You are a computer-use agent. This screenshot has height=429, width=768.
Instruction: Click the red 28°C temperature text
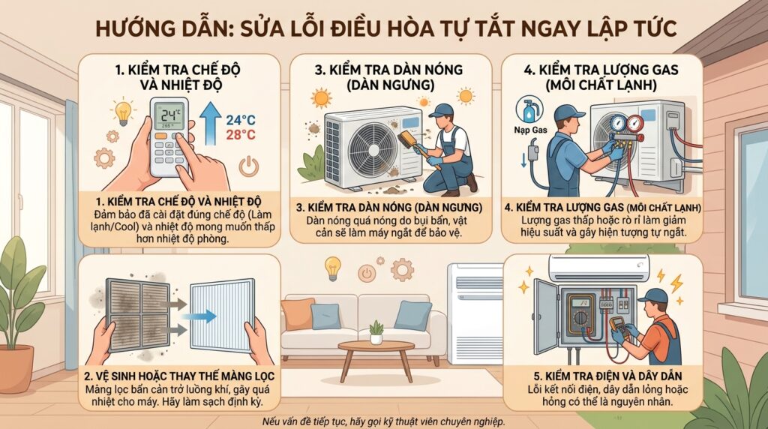coord(241,135)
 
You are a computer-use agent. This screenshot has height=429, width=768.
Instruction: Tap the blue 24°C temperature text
coord(241,119)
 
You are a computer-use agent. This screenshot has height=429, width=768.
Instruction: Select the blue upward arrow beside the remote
coord(211,123)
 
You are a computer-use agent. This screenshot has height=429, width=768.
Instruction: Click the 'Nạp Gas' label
coord(530,130)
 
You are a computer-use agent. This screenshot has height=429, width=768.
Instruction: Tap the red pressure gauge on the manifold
coord(635,122)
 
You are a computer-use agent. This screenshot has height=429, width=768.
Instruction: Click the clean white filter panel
coord(222,316)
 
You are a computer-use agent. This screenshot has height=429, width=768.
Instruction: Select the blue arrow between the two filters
coord(204,316)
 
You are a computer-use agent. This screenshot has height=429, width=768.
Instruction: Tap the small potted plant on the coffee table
coord(376,332)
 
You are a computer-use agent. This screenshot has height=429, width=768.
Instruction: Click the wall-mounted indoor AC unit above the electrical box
coord(598,268)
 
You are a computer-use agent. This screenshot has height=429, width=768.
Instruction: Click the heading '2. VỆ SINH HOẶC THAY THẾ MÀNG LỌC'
coord(179,376)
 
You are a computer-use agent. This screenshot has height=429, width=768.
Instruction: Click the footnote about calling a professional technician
coord(383,421)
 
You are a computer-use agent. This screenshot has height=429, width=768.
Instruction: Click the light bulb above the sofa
coord(333,268)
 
